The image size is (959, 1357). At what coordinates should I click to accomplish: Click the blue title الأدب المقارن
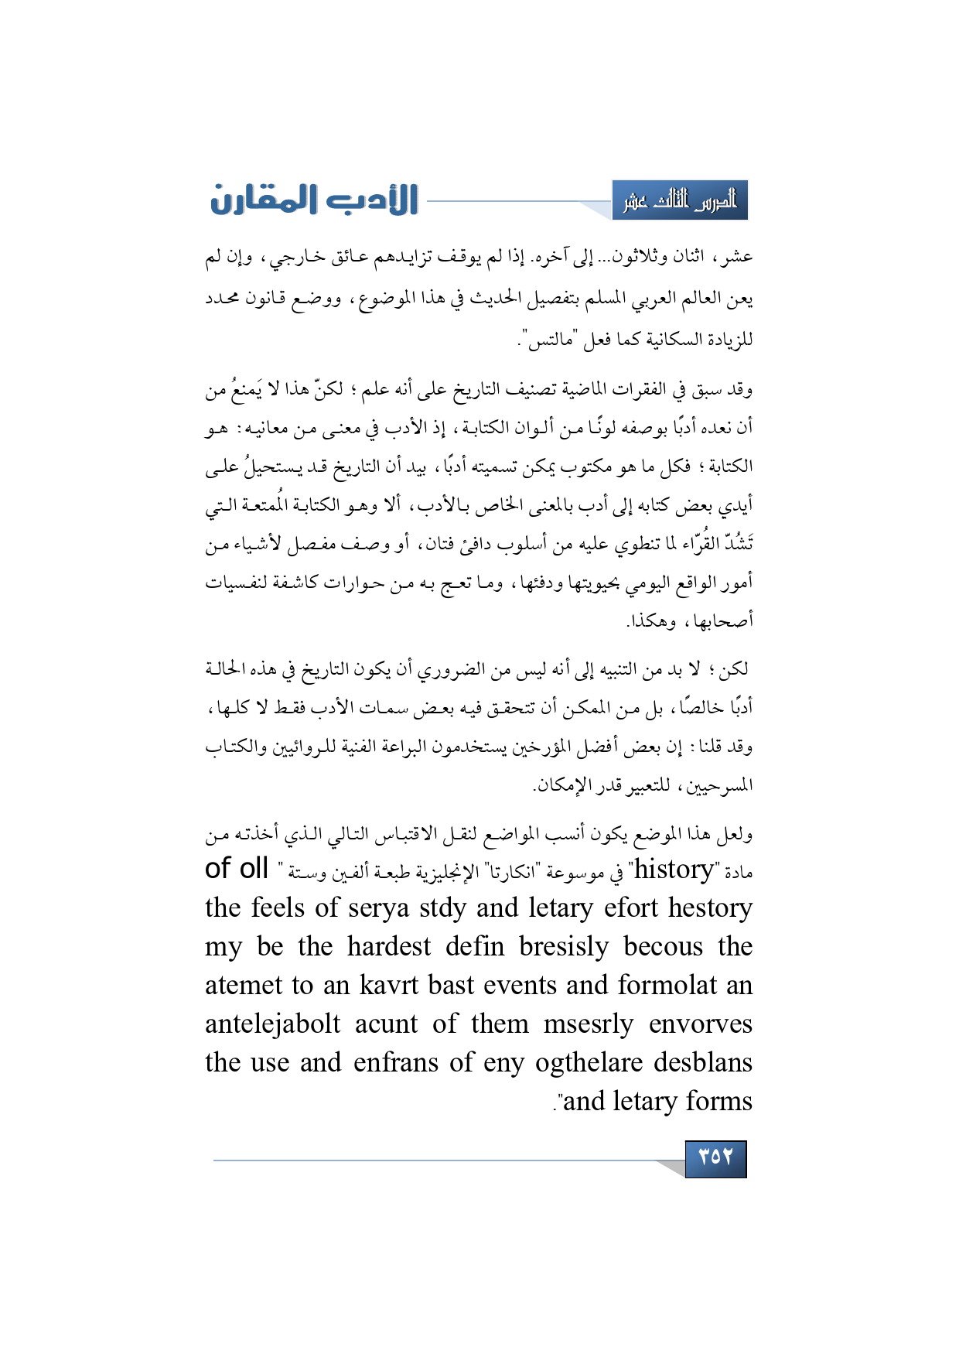(314, 200)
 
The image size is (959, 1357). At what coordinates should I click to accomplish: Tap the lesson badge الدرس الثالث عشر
(680, 201)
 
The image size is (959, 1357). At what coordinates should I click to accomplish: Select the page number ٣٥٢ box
(715, 1158)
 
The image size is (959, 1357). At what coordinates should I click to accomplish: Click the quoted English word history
(674, 870)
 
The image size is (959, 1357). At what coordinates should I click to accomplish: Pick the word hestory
(710, 908)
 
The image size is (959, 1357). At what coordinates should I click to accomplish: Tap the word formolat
(667, 986)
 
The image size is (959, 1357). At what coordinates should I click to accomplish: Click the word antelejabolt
(272, 1024)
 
